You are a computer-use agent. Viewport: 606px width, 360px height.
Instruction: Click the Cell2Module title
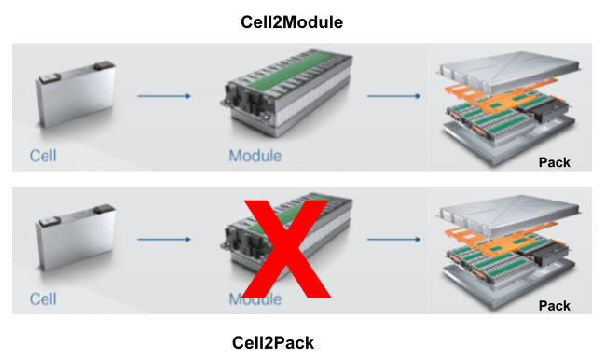coord(292,22)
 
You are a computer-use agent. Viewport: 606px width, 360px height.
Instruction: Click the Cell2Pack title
coord(273,343)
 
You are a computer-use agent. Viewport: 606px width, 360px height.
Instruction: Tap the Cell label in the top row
coord(43,156)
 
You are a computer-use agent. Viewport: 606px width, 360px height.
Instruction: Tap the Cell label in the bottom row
coord(43,298)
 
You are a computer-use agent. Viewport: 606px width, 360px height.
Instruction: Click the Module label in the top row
coord(255,156)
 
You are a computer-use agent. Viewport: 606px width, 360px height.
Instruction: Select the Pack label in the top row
coord(554,162)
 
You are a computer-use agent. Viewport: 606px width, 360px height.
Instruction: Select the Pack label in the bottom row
coord(554,306)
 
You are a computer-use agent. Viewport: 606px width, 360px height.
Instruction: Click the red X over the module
coord(286,249)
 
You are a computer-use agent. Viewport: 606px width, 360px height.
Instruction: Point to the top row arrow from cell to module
coord(164,96)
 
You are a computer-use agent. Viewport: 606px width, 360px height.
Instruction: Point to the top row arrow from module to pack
coord(393,96)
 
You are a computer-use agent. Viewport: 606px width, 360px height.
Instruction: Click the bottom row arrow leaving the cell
coord(164,240)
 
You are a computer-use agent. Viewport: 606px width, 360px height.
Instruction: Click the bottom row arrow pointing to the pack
coord(393,240)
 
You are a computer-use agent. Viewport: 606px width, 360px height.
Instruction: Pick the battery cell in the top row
coord(76,95)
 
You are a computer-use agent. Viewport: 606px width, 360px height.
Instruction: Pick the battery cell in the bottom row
coord(76,238)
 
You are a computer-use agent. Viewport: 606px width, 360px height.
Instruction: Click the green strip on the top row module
coord(291,71)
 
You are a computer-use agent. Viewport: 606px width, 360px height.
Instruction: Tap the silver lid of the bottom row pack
coord(509,214)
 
